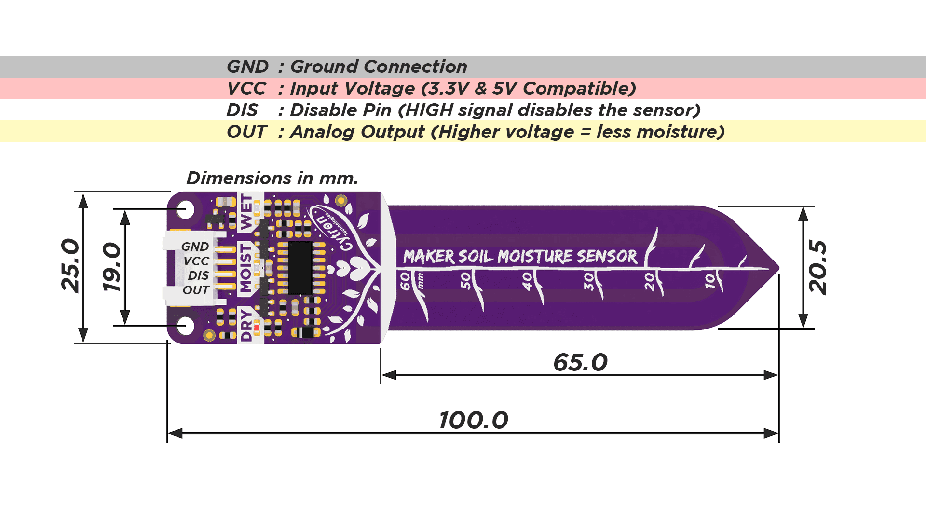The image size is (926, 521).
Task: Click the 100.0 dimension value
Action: (474, 420)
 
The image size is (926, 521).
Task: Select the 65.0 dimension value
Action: (580, 362)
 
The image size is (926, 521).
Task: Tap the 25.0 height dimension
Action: (71, 265)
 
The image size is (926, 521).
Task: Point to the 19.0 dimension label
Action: (112, 267)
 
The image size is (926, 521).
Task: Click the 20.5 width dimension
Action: (818, 267)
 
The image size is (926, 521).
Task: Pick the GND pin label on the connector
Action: (195, 247)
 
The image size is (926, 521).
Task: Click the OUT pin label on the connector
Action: (196, 290)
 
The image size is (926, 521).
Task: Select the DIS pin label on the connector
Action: (198, 275)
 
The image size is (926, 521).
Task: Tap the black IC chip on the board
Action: (300, 268)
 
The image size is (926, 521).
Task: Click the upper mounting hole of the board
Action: (185, 210)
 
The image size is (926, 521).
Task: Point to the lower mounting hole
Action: (185, 326)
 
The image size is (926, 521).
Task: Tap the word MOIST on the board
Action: (246, 268)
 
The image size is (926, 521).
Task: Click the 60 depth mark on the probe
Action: (405, 281)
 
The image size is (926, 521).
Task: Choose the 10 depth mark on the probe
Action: (710, 281)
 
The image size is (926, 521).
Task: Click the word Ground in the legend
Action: (325, 67)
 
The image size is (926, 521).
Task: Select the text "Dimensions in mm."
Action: (272, 178)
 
